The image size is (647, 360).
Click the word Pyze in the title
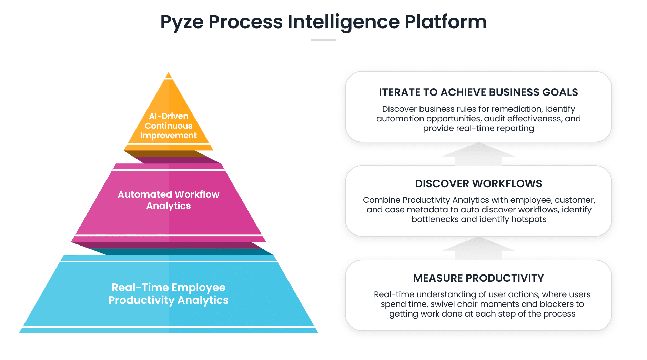coord(182,22)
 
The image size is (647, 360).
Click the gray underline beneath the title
coord(323,40)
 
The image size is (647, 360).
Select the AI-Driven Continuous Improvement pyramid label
coord(169,126)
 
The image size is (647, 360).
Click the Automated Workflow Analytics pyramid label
coord(169,200)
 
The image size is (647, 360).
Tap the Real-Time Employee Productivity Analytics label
coord(169,294)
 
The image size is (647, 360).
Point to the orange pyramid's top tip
coord(169,75)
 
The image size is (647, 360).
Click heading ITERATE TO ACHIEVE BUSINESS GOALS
coord(478,92)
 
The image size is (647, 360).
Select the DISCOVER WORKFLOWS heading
coord(478,184)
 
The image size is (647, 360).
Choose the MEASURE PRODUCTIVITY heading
coord(478,278)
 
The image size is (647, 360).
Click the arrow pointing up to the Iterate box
coord(478,153)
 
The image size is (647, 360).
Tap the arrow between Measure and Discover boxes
coord(478,248)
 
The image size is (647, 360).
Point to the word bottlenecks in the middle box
coord(435,219)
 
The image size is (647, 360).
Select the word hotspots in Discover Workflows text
coord(529,219)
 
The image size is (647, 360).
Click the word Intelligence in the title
coord(343,22)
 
